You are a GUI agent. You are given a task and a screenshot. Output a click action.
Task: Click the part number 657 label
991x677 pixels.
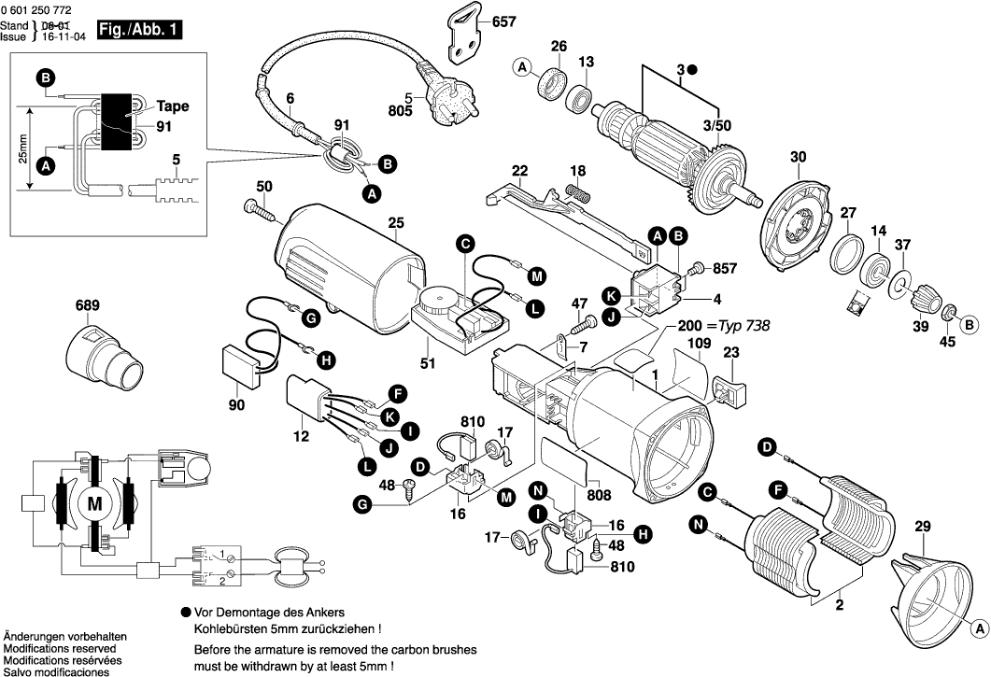[503, 21]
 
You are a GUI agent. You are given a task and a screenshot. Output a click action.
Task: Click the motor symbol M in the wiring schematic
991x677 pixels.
[94, 504]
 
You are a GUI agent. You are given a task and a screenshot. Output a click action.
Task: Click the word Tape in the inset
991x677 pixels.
[173, 106]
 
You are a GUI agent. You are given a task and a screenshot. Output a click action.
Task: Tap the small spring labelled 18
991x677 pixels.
[580, 193]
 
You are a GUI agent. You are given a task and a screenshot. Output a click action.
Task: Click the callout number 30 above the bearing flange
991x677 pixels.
[797, 159]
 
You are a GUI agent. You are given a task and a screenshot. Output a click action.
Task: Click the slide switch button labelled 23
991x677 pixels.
[729, 391]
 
